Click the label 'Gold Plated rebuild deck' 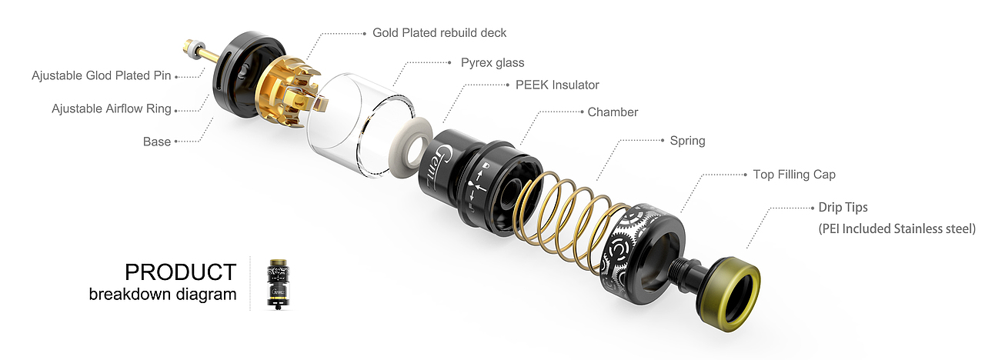coord(439,33)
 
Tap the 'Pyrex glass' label coord(492,63)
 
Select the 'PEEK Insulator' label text coord(557,85)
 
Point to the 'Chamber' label coord(613,112)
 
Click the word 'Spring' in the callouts coord(687,141)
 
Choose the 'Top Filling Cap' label coord(794,175)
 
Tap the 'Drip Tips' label coord(843,208)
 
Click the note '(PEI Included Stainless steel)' coord(897,229)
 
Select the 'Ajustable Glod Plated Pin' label coord(101,75)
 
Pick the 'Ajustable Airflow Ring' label coord(112,109)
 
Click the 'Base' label coord(156,142)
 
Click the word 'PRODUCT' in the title coord(181,272)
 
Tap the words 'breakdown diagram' coord(162,294)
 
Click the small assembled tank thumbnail coord(277,284)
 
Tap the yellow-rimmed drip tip coord(728,294)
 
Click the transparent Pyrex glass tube coord(361,125)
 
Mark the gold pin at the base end coord(200,51)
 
